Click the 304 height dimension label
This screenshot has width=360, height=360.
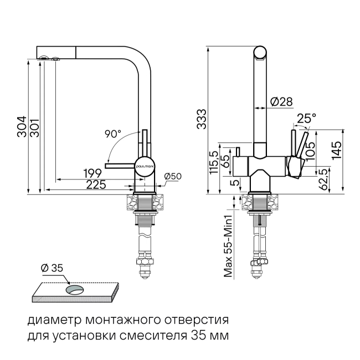tap(22, 127)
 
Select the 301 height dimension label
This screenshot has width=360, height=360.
tap(35, 128)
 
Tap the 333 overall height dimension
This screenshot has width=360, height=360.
tap(202, 119)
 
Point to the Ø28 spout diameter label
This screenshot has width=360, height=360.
tap(281, 102)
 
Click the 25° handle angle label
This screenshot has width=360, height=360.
tap(306, 119)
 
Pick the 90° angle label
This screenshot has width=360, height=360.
tap(113, 134)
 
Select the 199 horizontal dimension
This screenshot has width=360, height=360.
tap(92, 173)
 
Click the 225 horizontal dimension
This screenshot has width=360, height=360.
tap(96, 184)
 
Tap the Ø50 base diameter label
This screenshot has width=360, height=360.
tap(173, 176)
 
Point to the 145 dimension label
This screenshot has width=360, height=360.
tap(337, 151)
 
